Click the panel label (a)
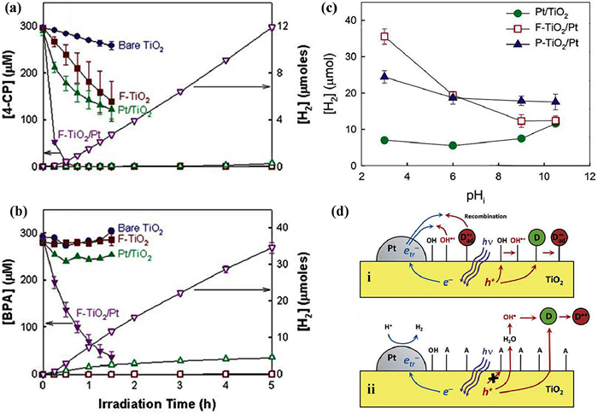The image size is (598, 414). [x=15, y=10]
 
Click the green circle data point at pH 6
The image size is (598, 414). [x=453, y=145]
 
